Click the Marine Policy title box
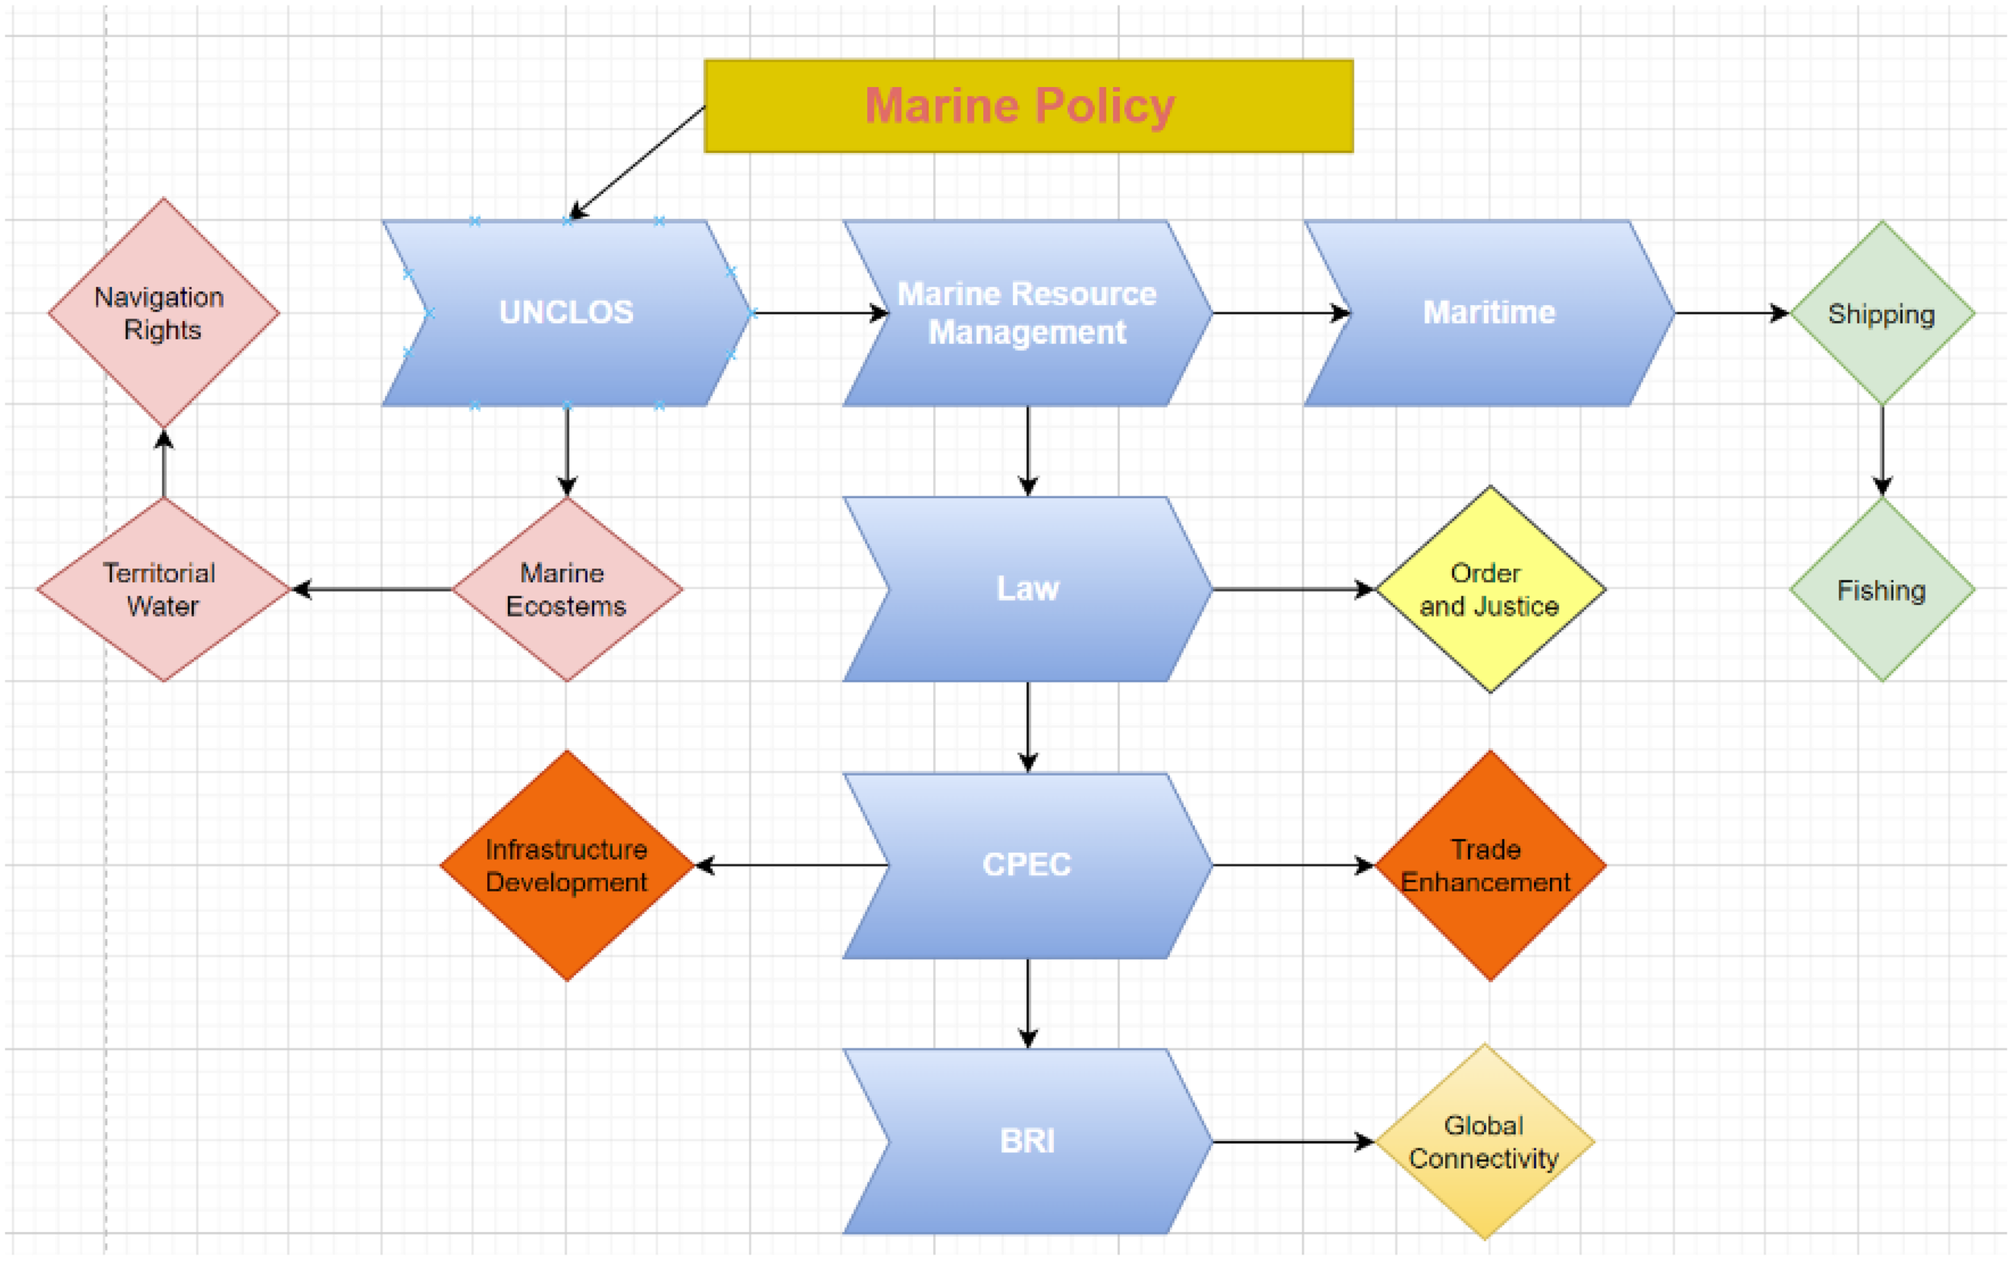click(1027, 106)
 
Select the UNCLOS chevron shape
click(565, 313)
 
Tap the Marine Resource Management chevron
click(1027, 313)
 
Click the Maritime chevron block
click(1488, 313)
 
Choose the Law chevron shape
click(1027, 589)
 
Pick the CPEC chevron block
click(1027, 865)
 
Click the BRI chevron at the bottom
click(1027, 1141)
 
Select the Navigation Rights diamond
click(163, 313)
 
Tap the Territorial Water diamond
click(163, 589)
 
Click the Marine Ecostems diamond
click(566, 589)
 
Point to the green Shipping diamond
click(1881, 313)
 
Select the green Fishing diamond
click(1881, 589)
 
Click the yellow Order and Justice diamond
click(1489, 589)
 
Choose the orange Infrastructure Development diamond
click(566, 865)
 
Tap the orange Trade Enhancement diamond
click(1489, 865)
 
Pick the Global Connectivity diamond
click(1484, 1141)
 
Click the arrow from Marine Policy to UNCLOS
click(639, 161)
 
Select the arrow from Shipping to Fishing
click(1881, 451)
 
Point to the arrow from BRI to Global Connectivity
click(1293, 1141)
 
